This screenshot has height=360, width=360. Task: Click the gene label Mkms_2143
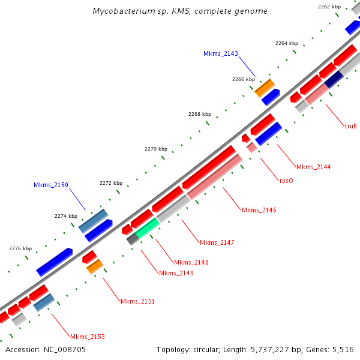(221, 53)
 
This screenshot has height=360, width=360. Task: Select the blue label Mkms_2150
(51, 185)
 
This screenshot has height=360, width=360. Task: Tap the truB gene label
(350, 126)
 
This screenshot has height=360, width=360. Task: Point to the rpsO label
(286, 180)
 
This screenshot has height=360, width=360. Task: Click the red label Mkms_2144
(313, 166)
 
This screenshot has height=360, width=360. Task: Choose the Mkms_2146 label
(259, 210)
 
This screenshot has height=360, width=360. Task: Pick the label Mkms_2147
(217, 242)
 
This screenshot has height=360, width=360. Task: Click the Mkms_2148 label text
(191, 262)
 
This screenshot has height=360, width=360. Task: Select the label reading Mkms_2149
(176, 273)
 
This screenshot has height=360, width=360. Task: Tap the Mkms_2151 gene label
(137, 301)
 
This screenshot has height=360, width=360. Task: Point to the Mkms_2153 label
(87, 337)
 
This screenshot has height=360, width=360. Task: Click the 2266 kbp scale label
(243, 79)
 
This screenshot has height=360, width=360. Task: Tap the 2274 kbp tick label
(66, 216)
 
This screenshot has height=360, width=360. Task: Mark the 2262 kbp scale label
(329, 7)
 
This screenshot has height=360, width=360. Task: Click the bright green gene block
(147, 227)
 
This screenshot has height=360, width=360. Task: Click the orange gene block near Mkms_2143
(264, 88)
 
